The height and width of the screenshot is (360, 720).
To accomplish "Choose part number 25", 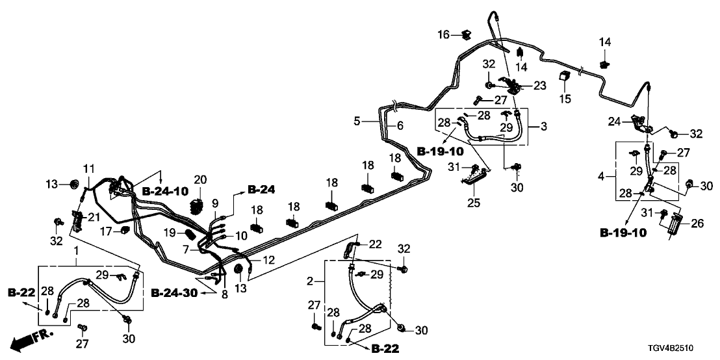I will [x=474, y=203].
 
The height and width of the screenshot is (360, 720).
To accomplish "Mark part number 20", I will [x=200, y=180].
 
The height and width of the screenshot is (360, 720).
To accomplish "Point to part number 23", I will [x=541, y=85].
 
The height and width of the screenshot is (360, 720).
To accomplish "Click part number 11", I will [x=88, y=169].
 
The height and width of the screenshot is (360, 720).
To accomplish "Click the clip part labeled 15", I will [x=564, y=78].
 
